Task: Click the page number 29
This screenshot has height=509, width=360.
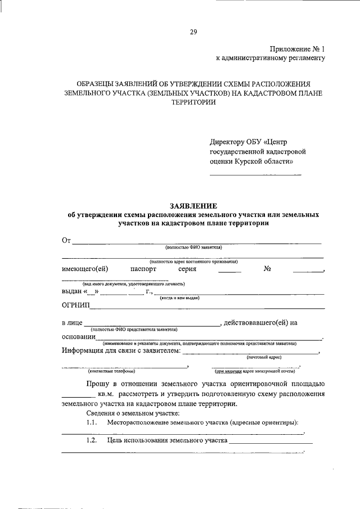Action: pyautogui.click(x=193, y=32)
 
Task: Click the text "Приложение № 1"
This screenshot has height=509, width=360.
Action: pyautogui.click(x=298, y=49)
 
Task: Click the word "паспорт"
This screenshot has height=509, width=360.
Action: pyautogui.click(x=143, y=269)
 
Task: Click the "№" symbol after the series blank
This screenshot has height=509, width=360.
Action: pyautogui.click(x=267, y=269)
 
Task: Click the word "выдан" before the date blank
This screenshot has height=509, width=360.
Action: pyautogui.click(x=71, y=291)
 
